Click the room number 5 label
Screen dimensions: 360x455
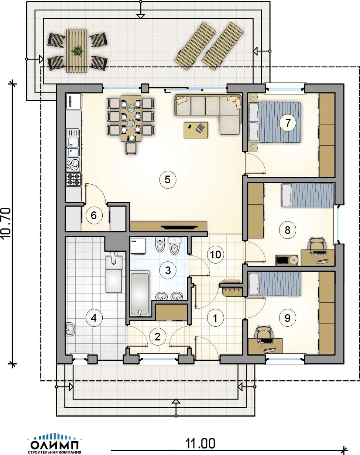168,180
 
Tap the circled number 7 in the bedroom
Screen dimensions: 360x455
288,123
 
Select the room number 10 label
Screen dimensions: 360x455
216,254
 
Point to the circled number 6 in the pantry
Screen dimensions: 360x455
94,215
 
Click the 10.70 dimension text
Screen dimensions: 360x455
6,223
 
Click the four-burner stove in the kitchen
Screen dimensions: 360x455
74,179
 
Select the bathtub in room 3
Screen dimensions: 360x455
140,294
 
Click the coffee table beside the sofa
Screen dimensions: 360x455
196,130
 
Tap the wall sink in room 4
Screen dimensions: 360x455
70,329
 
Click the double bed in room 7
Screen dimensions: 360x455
275,122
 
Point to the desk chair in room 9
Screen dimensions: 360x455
265,332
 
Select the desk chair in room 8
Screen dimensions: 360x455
318,243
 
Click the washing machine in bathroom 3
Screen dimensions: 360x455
138,246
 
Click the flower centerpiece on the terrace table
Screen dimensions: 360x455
77,51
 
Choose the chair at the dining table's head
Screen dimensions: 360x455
131,149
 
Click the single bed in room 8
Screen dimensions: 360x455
308,195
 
